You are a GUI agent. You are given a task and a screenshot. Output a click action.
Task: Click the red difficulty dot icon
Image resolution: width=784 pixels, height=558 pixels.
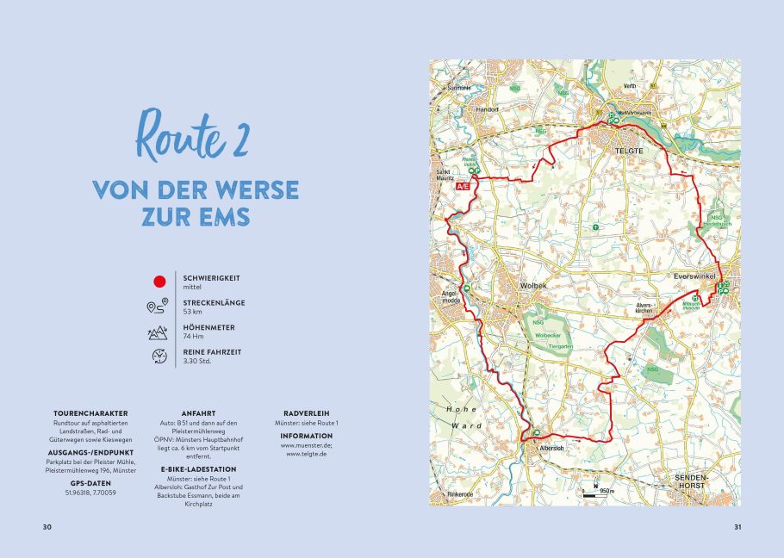pyautogui.click(x=159, y=281)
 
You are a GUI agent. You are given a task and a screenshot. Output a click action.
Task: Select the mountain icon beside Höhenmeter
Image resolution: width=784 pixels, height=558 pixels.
pyautogui.click(x=158, y=332)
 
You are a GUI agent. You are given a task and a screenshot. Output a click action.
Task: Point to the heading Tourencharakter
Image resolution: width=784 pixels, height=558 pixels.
pyautogui.click(x=90, y=413)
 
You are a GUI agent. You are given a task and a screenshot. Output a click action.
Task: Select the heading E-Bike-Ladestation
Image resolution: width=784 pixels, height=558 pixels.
pyautogui.click(x=197, y=469)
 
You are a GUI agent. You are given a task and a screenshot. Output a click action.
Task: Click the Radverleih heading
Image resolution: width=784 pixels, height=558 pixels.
pyautogui.click(x=306, y=413)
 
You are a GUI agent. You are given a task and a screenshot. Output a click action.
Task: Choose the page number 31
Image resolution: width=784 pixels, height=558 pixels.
pyautogui.click(x=737, y=527)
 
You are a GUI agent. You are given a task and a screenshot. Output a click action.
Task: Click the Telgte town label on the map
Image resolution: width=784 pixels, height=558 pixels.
pyautogui.click(x=624, y=151)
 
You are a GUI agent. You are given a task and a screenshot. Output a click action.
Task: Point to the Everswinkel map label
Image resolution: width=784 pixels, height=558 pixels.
pyautogui.click(x=696, y=277)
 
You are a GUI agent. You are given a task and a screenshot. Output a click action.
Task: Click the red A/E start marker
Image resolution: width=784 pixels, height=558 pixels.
pyautogui.click(x=463, y=185)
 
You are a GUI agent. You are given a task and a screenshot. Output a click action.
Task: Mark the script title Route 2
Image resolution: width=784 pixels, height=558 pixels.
pyautogui.click(x=190, y=135)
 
